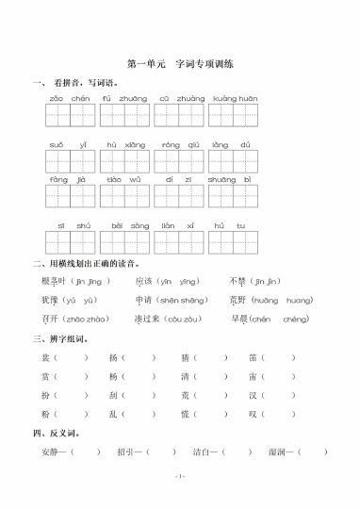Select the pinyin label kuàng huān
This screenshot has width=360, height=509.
pos(235,98)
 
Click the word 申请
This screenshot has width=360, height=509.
pos(143,300)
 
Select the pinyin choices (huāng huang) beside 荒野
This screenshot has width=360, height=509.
pos(283,300)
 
